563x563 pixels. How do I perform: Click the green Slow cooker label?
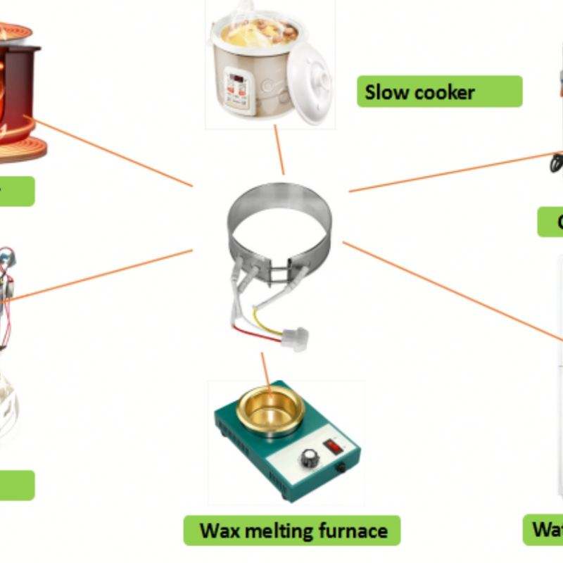point(439,91)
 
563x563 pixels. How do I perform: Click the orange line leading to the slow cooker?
point(279,151)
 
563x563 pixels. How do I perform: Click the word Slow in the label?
point(386,92)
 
